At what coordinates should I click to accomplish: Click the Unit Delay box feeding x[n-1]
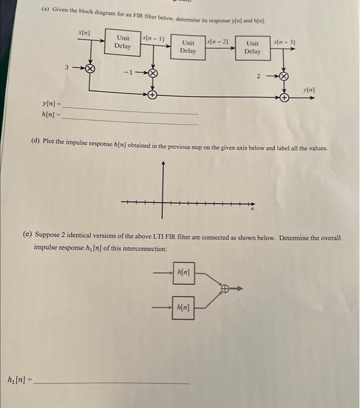[122, 42]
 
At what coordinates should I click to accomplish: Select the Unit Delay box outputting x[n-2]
[188, 47]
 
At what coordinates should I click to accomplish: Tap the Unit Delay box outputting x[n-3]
[252, 47]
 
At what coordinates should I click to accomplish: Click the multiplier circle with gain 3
[90, 69]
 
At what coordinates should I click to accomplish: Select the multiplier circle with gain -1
[153, 73]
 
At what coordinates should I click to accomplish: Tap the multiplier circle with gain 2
[284, 76]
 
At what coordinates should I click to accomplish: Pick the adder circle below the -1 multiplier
[153, 93]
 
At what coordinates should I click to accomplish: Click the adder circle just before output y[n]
[284, 97]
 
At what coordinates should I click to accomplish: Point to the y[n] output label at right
[309, 90]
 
